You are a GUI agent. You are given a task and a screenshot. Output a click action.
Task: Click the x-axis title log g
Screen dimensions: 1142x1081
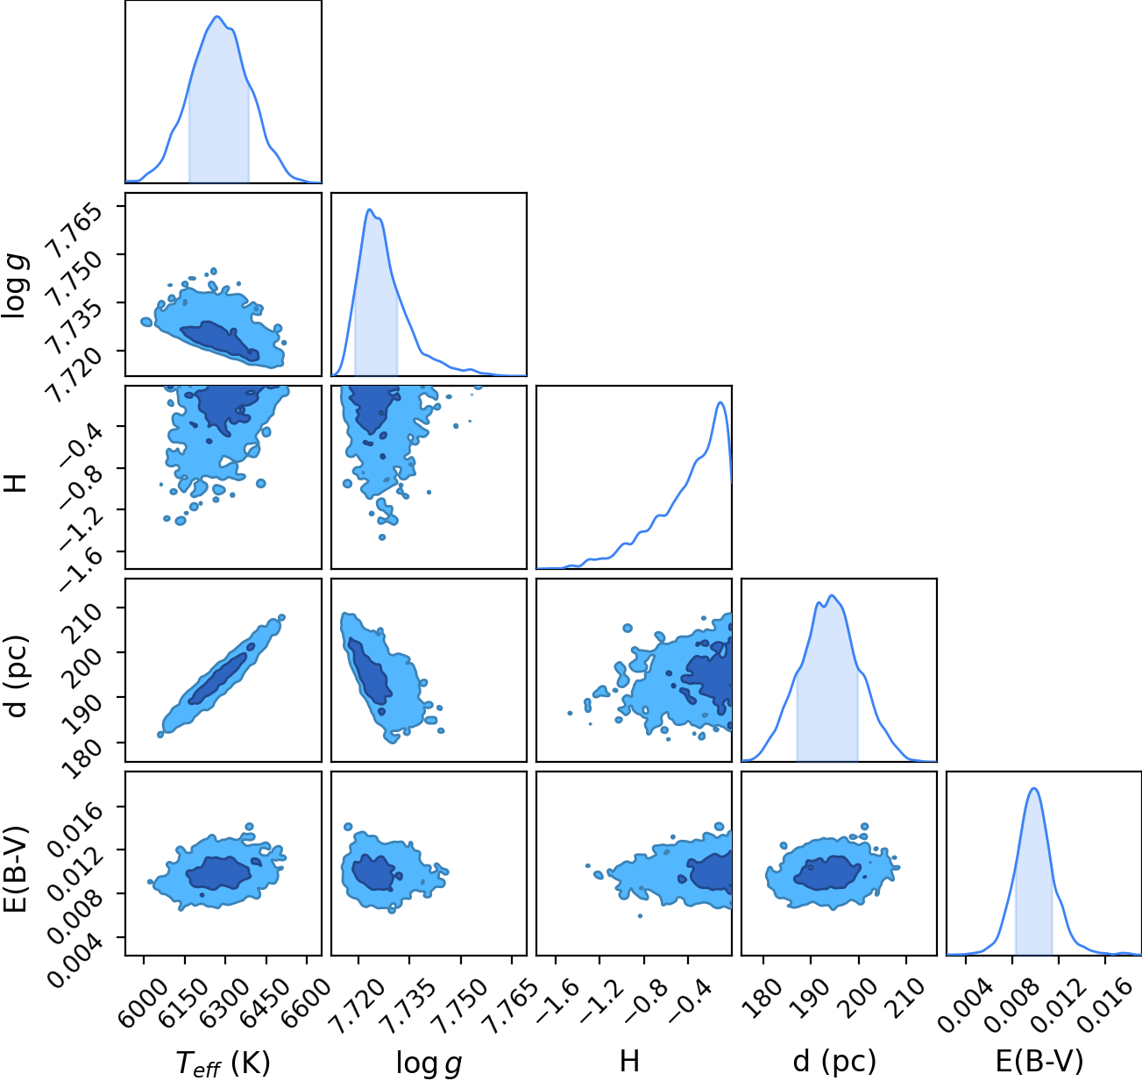tap(429, 1063)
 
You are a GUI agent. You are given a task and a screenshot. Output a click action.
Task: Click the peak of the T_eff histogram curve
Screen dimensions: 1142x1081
tap(216, 17)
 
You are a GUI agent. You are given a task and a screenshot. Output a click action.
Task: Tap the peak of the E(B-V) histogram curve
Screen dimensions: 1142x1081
tap(1034, 788)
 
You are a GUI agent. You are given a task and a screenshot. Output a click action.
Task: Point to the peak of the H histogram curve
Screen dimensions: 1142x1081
tap(720, 402)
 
